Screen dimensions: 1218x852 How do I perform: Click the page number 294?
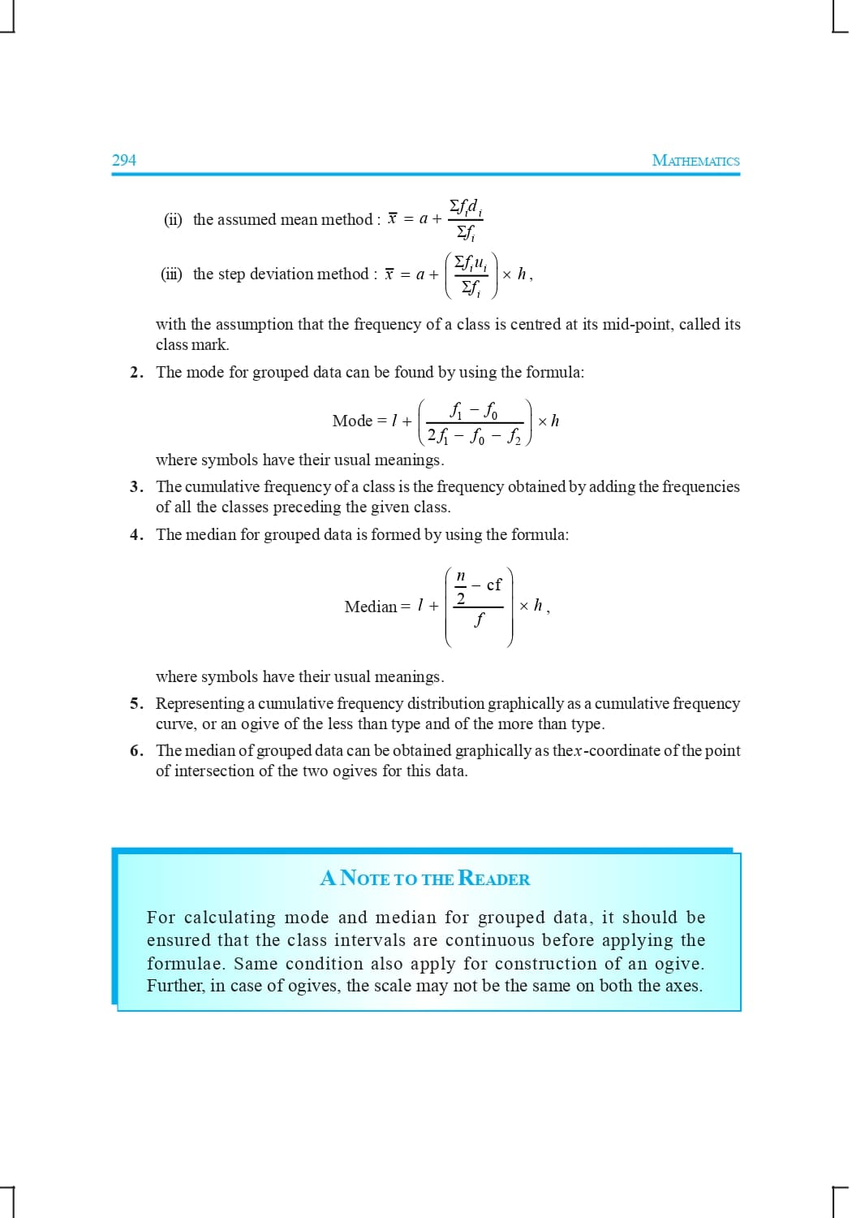[124, 160]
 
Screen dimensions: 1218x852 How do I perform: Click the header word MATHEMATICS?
[695, 161]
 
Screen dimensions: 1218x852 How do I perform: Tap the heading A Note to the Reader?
[425, 879]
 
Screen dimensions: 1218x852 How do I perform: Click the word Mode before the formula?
[352, 421]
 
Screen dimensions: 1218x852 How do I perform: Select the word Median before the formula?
[371, 607]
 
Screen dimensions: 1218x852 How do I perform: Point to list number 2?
[136, 373]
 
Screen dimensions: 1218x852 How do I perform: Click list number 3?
[136, 487]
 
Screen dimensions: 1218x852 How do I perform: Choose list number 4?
[136, 535]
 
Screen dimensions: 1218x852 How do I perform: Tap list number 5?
[136, 704]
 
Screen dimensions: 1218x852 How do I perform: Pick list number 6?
[136, 751]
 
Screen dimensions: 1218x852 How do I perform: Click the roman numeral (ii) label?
[173, 220]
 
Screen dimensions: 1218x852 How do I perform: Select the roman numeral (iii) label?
[171, 274]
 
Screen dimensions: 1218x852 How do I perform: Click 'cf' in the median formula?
[493, 585]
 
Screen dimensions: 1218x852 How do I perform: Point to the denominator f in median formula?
[479, 620]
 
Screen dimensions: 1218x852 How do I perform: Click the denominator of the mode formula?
[475, 437]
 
